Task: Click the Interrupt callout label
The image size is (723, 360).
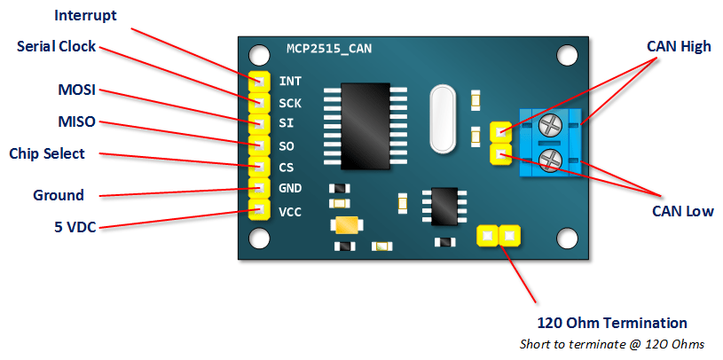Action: (85, 16)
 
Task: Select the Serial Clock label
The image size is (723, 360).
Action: (56, 46)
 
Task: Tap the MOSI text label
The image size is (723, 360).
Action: (76, 90)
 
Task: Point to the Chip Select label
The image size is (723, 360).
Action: (47, 153)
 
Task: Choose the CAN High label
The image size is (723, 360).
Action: (679, 46)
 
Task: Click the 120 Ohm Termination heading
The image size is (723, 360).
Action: (612, 323)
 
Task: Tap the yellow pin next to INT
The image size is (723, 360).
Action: (259, 82)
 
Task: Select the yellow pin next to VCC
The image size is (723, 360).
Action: (259, 210)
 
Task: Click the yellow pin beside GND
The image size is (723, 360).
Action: (259, 188)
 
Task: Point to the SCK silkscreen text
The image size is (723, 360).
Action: (290, 103)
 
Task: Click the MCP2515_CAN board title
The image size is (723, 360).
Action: (328, 50)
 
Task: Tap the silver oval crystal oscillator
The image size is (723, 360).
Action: (442, 119)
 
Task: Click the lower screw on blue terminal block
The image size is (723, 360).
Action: (551, 160)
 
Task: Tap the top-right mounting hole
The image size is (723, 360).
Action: (566, 55)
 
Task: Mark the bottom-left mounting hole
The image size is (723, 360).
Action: (259, 239)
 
